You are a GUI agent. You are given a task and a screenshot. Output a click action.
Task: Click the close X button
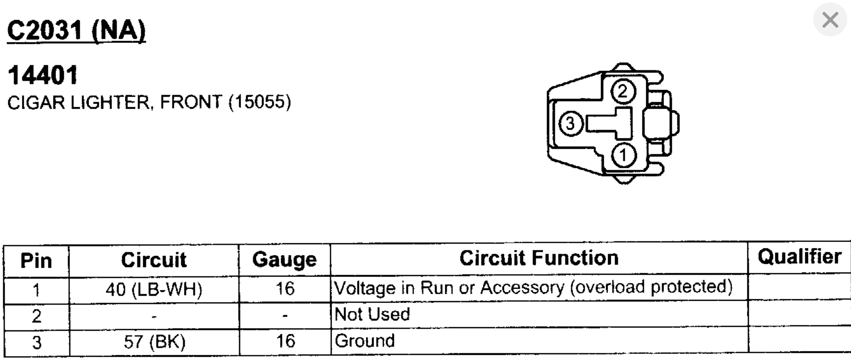[830, 20]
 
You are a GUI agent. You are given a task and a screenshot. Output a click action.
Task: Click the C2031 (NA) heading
[76, 31]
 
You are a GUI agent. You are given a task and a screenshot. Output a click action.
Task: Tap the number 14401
[43, 75]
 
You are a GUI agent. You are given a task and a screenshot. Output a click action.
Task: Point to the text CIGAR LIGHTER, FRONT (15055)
[149, 102]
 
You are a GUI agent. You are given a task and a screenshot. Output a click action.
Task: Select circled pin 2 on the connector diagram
[623, 91]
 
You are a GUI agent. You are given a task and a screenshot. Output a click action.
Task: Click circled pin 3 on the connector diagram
[571, 124]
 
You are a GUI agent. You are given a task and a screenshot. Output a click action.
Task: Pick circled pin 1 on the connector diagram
[623, 156]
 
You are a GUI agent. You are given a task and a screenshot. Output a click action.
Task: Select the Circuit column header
[154, 260]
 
